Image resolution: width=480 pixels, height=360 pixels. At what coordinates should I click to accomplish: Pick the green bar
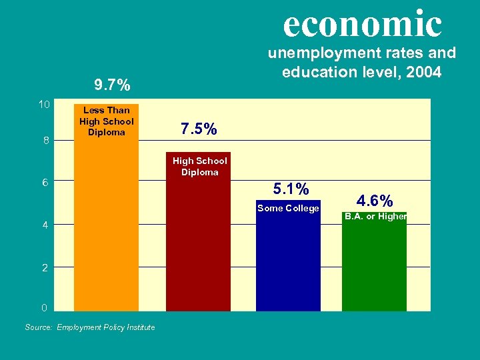coord(374,267)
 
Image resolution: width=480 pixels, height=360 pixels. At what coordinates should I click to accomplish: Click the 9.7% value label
coord(112,85)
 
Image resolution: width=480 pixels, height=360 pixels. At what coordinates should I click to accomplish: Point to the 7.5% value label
coord(199,129)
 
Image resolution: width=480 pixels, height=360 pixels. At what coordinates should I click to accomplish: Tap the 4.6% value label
coord(375,200)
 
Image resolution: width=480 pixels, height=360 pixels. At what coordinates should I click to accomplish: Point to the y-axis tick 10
coord(44,105)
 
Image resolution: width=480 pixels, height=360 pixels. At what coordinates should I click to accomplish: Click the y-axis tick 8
coord(45,141)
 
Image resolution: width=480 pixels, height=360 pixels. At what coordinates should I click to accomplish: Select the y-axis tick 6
coord(45,183)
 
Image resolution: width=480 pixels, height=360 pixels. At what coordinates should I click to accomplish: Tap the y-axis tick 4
coord(45,225)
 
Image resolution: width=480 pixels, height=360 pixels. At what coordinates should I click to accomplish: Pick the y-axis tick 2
coord(45,268)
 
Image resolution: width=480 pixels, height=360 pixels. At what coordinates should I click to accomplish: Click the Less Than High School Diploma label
coord(106,121)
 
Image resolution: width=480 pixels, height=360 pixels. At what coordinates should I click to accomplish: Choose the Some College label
coord(288,208)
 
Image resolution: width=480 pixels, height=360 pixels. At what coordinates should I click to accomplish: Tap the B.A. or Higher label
coord(375,216)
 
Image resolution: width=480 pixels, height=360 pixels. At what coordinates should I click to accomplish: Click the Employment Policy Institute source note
coord(105,327)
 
